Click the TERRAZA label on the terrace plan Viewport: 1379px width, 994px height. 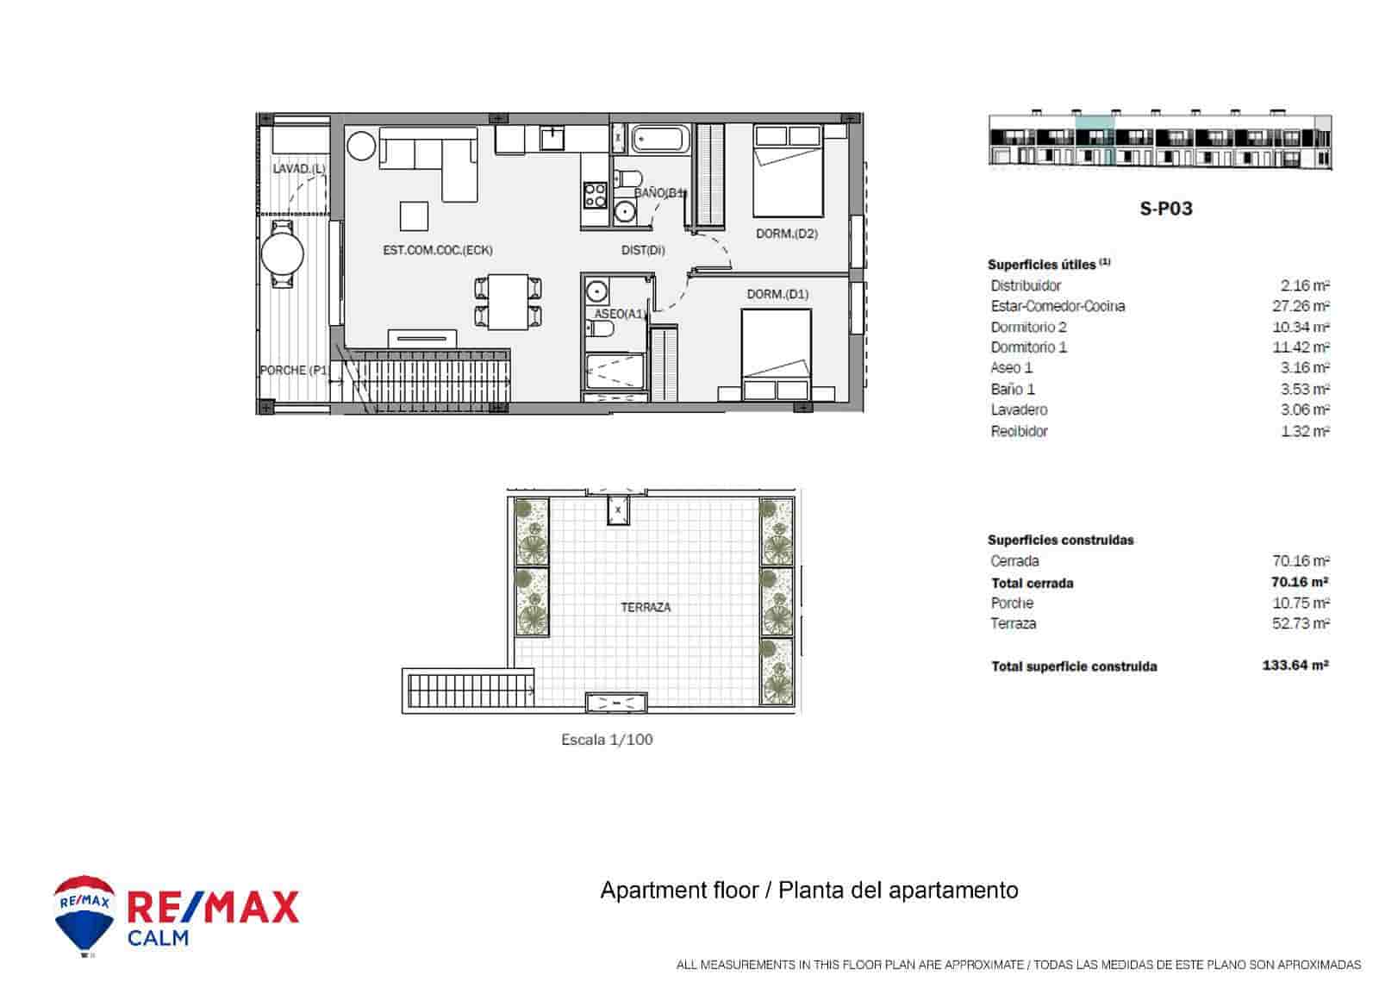646,607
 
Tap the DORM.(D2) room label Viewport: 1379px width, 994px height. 786,234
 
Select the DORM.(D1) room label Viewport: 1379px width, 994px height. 777,294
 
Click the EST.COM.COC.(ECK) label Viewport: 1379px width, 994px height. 438,250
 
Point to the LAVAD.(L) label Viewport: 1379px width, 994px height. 299,169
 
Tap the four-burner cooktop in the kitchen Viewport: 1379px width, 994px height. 595,195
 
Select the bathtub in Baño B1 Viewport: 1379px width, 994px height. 661,139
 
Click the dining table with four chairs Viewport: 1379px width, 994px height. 509,301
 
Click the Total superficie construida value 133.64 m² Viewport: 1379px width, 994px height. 1289,665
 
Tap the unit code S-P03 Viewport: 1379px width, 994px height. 1166,209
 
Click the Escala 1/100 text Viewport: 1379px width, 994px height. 607,740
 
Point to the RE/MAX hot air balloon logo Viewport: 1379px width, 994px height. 84,914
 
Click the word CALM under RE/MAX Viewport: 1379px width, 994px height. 158,938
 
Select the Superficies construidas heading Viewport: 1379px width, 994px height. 1060,540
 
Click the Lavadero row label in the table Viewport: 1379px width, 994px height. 1019,409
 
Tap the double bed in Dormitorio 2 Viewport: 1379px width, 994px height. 788,171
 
